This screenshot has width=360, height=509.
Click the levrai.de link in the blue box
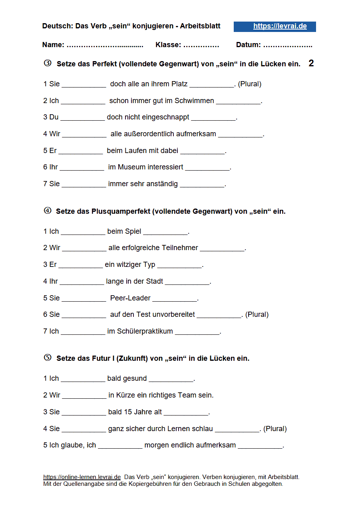(x=280, y=26)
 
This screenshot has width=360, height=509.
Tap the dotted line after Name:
(x=105, y=45)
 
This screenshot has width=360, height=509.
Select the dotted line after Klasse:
(x=201, y=45)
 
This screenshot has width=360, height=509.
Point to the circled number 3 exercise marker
(x=48, y=63)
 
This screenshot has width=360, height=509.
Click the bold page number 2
(x=311, y=63)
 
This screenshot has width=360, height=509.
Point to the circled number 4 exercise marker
(x=48, y=211)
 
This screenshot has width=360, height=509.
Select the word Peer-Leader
(x=130, y=298)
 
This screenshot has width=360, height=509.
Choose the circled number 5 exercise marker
(x=48, y=358)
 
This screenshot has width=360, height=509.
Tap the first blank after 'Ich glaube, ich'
(x=120, y=445)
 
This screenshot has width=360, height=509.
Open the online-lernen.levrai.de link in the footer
(x=82, y=477)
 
